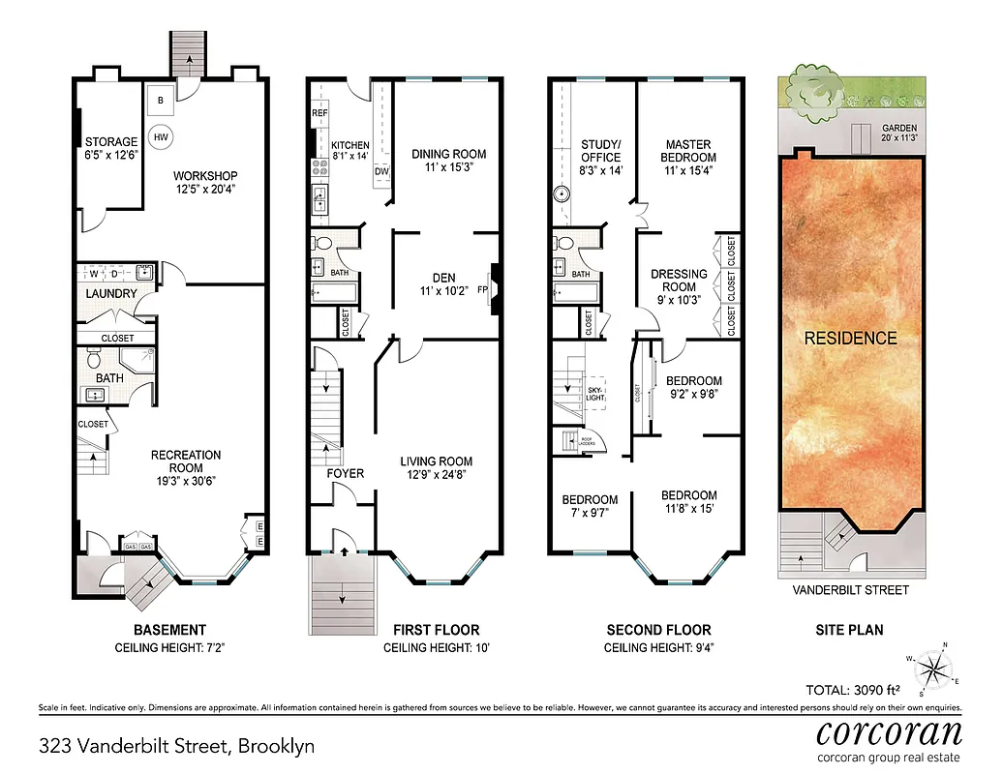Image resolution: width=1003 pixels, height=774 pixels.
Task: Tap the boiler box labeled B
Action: point(161,101)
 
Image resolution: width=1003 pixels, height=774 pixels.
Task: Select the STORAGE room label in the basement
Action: point(110,143)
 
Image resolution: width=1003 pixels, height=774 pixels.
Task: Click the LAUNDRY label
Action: point(111,293)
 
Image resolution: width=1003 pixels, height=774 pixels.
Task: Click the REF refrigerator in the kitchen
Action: point(319,113)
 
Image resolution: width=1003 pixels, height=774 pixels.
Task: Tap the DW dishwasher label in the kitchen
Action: point(381,171)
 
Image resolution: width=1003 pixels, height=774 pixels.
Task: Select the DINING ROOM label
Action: point(448,154)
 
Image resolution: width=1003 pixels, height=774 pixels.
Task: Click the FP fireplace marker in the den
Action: point(483,287)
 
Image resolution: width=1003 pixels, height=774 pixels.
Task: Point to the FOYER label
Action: point(345,473)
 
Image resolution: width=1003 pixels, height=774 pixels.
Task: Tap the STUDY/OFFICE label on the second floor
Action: point(600,151)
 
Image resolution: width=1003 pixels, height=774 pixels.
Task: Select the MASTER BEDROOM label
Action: point(688,150)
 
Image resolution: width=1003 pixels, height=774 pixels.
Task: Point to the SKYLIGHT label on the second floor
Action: point(595,394)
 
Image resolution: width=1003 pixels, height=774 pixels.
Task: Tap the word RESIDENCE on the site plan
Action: point(851,338)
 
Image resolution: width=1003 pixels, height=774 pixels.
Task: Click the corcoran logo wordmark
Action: point(889,731)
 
